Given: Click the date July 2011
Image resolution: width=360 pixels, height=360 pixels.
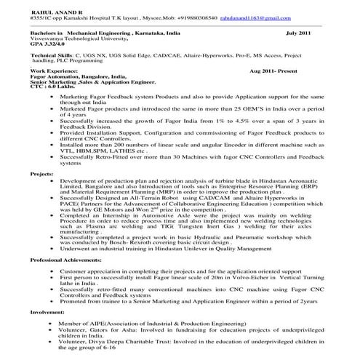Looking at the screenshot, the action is click(x=301, y=33).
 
